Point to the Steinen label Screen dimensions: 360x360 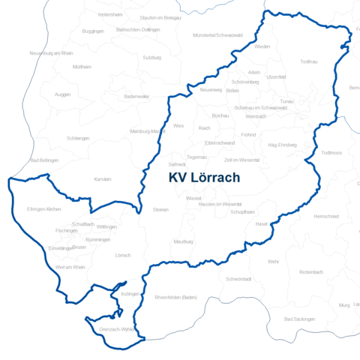[160, 210]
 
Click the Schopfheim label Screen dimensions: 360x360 [244, 212]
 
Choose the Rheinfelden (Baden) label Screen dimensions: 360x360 [175, 298]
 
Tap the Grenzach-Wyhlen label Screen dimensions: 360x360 [115, 329]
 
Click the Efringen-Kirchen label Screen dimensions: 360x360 [43, 208]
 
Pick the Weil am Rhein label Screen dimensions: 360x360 [70, 267]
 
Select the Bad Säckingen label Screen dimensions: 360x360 [299, 319]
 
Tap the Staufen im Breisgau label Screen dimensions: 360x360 [157, 16]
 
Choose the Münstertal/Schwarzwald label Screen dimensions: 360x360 [217, 35]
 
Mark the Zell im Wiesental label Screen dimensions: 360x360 [241, 160]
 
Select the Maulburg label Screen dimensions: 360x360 [183, 242]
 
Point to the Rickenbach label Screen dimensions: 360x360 [310, 271]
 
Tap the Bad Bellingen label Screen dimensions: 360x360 [43, 160]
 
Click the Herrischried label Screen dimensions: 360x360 [326, 216]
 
